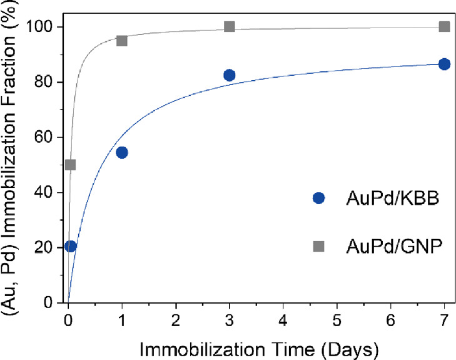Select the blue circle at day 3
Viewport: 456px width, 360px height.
coord(229,75)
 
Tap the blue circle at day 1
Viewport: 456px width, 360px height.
coord(122,152)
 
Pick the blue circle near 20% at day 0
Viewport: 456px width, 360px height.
coord(71,246)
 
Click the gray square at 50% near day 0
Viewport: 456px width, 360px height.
coord(71,165)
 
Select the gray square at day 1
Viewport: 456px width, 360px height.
coord(122,41)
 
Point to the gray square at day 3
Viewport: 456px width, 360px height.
coord(229,26)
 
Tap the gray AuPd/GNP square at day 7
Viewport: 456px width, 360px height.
coord(444,26)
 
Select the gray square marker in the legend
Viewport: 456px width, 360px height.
coord(319,247)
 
